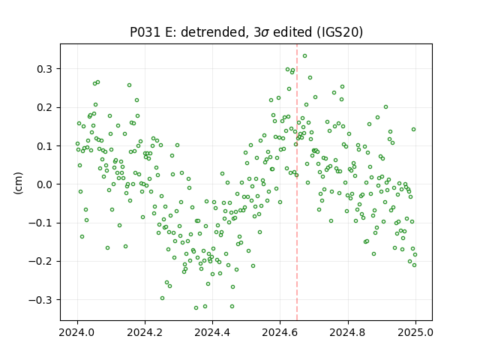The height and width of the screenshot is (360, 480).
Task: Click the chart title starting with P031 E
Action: [x=247, y=32]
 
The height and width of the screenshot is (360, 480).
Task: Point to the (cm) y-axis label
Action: [x=18, y=183]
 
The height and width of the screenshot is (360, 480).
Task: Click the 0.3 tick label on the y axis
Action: [x=45, y=69]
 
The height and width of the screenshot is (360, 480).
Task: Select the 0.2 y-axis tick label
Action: [x=45, y=108]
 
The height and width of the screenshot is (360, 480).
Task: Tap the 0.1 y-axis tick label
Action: [x=45, y=146]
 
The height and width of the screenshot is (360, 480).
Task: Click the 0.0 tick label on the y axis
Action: [x=45, y=184]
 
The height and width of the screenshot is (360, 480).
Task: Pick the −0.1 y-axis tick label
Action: [x=40, y=223]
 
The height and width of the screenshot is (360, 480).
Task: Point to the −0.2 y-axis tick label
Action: [x=40, y=262]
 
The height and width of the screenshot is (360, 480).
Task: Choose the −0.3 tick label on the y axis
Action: [x=40, y=300]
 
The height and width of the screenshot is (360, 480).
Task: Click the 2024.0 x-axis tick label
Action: [x=77, y=332]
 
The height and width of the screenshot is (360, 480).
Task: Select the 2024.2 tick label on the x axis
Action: [x=145, y=332]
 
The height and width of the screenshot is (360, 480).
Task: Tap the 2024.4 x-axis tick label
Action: [x=212, y=332]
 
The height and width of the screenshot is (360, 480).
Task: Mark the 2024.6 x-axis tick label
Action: [x=280, y=332]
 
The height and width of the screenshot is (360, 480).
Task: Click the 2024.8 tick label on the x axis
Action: [x=348, y=332]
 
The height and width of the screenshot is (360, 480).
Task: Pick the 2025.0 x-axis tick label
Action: [x=415, y=332]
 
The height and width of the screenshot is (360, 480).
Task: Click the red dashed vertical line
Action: [x=297, y=182]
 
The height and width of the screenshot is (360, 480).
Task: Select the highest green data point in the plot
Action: [x=305, y=56]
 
